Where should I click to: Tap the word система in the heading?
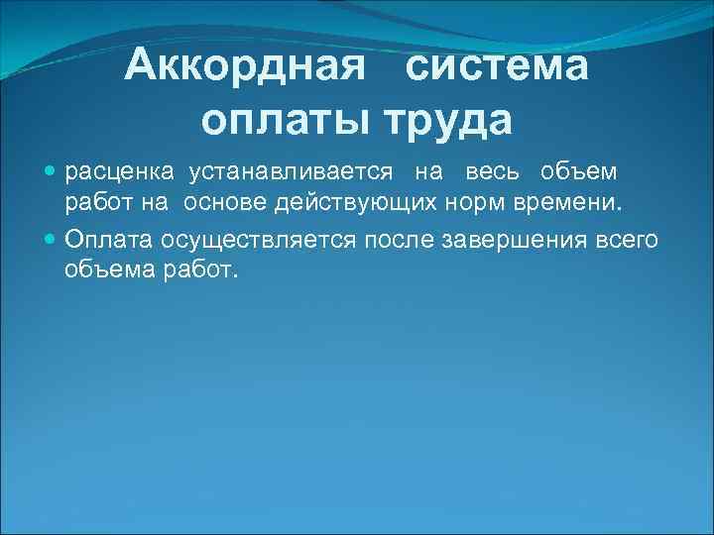click(x=497, y=67)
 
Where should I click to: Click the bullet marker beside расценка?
click(x=52, y=172)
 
